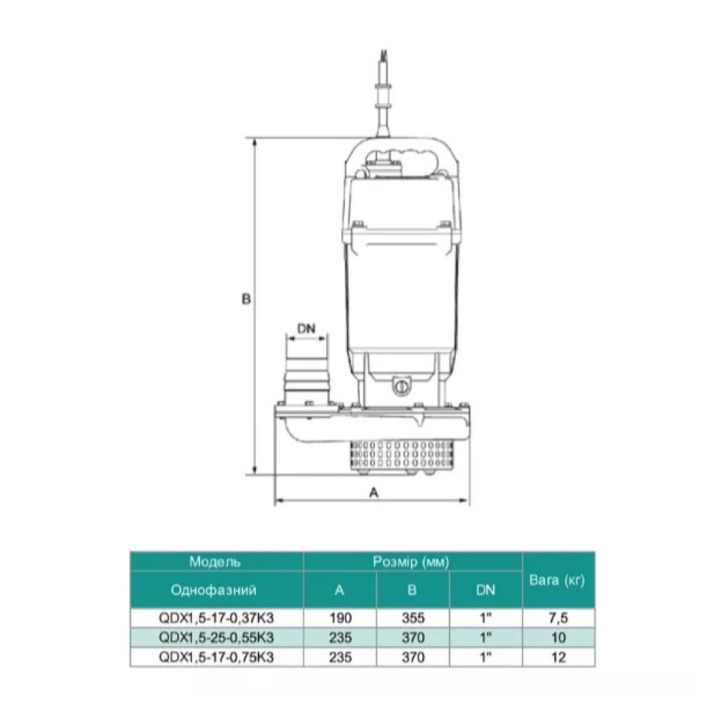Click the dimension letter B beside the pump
(246, 299)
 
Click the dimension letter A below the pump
(374, 493)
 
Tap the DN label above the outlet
(306, 328)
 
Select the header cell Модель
(215, 561)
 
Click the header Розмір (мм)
(412, 561)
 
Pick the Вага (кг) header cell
(557, 580)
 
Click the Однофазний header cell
(214, 590)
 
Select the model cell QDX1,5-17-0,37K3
(216, 618)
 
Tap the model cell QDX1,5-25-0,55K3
(216, 637)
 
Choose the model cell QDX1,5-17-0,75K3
(216, 657)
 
